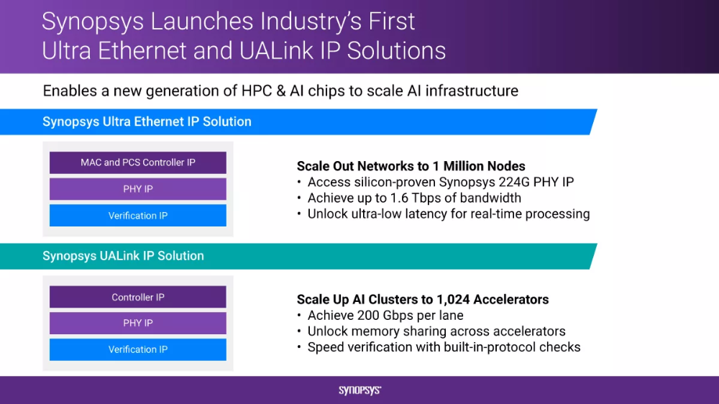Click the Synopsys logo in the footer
pyautogui.click(x=360, y=390)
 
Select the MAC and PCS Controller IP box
pyautogui.click(x=138, y=162)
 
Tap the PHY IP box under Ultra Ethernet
pyautogui.click(x=138, y=189)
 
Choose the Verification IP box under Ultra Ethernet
pyautogui.click(x=138, y=216)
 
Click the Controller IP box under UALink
pyautogui.click(x=138, y=297)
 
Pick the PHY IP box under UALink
pyautogui.click(x=138, y=323)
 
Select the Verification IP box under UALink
pyautogui.click(x=138, y=349)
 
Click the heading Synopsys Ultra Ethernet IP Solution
pyautogui.click(x=147, y=121)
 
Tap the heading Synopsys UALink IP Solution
pyautogui.click(x=123, y=256)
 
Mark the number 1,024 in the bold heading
pyautogui.click(x=453, y=300)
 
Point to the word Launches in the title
pyautogui.click(x=202, y=22)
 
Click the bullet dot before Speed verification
pyautogui.click(x=299, y=347)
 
